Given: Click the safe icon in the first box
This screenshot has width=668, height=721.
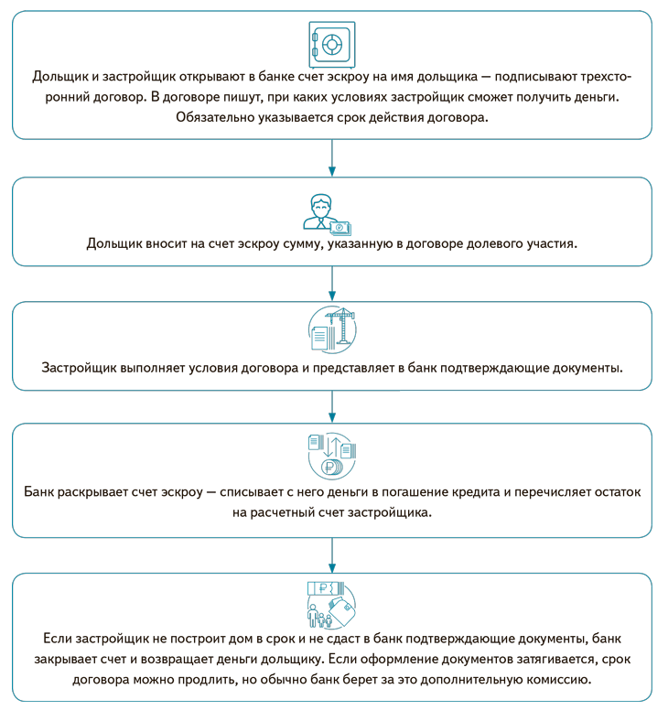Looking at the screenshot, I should pos(332,42).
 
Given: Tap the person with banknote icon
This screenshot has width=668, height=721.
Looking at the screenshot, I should pos(327,213).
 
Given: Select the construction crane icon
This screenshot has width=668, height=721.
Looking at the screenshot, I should pos(332,330).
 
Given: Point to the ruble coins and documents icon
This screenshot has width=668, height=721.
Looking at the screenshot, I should pos(332,454).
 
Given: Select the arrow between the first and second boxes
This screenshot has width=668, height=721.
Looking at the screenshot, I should pos(332,158).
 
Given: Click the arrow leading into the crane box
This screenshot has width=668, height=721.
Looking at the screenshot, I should pos(332,285).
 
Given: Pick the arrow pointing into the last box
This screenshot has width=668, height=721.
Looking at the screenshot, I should pos(332,554).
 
